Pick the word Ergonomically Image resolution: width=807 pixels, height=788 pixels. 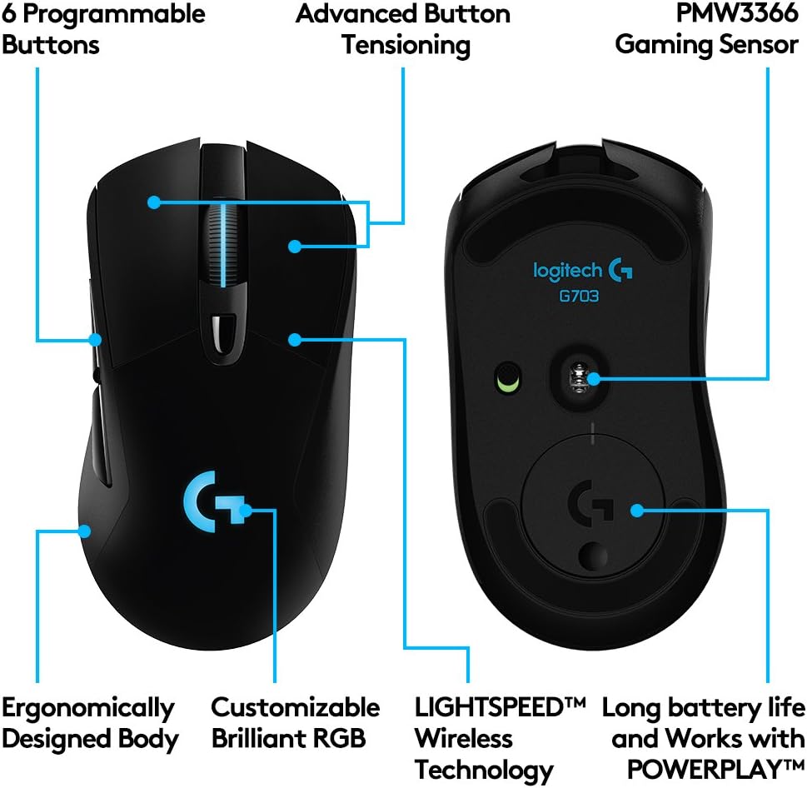tap(88, 709)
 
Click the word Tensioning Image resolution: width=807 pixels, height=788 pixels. tap(406, 44)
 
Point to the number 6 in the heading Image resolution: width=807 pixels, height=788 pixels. tap(11, 13)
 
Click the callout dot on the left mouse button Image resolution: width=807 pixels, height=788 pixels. tap(153, 201)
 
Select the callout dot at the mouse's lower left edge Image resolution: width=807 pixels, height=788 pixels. tap(87, 531)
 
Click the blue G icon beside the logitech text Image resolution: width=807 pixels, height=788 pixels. tap(620, 269)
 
